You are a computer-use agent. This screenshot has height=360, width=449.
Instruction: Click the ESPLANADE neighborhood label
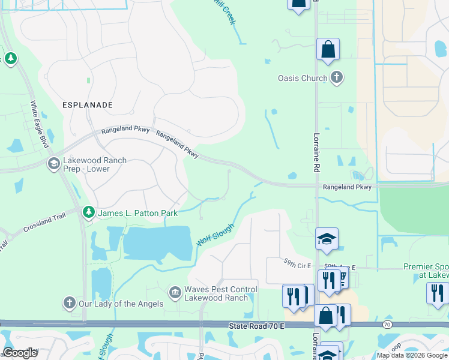coord(87,104)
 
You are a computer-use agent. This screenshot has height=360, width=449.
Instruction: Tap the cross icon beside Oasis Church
coord(337,77)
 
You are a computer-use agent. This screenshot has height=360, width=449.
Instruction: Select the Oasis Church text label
coord(303,78)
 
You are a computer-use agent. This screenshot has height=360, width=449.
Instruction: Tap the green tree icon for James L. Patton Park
coord(89,212)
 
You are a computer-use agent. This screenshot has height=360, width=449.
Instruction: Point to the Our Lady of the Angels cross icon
coord(70,303)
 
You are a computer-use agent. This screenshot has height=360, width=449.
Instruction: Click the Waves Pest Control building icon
coord(175,293)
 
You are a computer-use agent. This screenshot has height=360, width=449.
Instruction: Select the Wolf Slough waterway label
coord(214,233)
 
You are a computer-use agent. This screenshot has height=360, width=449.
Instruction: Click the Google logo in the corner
coord(20,353)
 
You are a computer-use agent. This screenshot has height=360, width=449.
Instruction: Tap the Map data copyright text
coord(412,355)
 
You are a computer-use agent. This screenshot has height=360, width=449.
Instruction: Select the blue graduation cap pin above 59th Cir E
coord(327,239)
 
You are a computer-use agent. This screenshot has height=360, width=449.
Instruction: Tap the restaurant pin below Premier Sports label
coord(437,293)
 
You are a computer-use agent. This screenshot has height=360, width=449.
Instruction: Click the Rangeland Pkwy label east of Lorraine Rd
coord(347,187)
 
